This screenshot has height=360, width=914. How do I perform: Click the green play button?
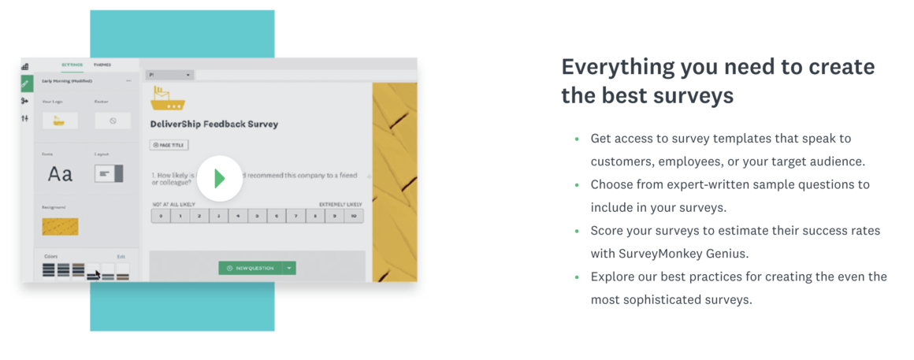pos(219,178)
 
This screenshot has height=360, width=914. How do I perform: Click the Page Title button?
pos(169,145)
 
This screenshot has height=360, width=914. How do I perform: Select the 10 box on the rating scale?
pos(354,215)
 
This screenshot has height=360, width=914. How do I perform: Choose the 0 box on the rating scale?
pos(161,215)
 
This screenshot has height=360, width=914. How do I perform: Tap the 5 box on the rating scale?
pos(258,215)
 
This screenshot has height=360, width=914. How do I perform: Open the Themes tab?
pos(102,65)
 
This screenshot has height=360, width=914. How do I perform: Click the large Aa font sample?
pos(60,173)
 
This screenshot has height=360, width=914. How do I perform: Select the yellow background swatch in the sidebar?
pos(60,227)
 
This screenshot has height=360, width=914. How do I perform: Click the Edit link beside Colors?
pos(121,256)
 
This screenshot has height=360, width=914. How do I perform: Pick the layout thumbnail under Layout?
pos(109,173)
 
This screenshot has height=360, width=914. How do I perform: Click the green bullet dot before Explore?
pos(577,276)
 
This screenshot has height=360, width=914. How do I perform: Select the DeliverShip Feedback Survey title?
pos(214,124)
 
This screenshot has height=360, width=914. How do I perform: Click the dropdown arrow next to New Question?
pos(289,268)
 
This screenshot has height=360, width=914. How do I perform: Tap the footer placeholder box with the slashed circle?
pos(113,121)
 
